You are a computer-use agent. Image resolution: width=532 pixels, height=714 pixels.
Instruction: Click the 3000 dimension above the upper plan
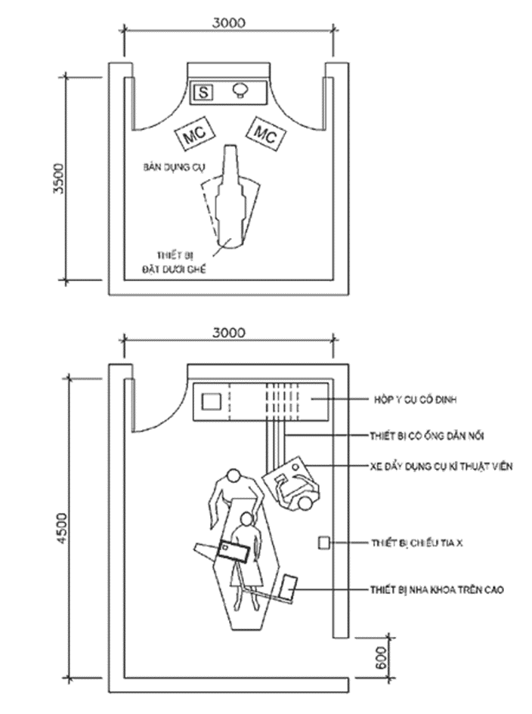coord(229,23)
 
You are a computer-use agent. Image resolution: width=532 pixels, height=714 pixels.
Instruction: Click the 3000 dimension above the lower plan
coord(229,332)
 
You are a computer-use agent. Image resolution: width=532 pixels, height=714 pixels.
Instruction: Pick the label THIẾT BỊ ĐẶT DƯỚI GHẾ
coord(175,261)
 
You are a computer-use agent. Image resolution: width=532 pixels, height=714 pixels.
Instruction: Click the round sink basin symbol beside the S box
coord(241,90)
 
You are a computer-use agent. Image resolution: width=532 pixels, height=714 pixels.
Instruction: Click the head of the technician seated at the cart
coord(305,503)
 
